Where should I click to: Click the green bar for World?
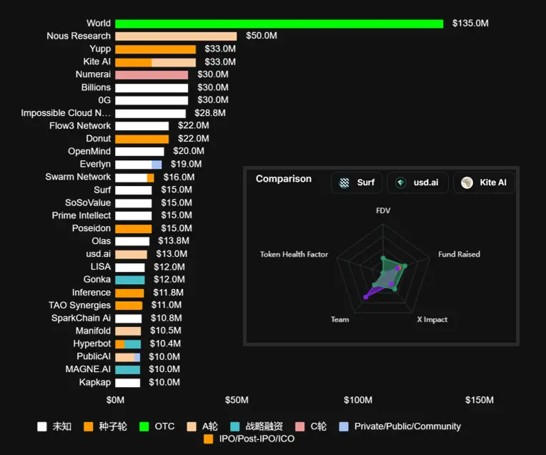click(279, 24)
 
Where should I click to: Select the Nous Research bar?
click(176, 36)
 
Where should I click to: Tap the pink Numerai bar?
click(152, 74)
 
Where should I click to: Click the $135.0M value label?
click(470, 24)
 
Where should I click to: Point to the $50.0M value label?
click(262, 36)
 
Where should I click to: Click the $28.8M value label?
click(210, 113)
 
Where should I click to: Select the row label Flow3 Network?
click(80, 126)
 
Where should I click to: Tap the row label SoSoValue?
click(88, 202)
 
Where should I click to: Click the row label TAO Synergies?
click(80, 305)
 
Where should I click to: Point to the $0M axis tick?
click(115, 400)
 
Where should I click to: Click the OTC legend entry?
click(164, 426)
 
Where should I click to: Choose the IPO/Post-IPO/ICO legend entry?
click(254, 439)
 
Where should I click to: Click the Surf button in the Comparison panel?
click(357, 182)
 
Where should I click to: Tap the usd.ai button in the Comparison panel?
click(418, 182)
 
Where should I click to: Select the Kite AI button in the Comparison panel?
click(484, 182)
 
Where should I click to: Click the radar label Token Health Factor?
click(294, 254)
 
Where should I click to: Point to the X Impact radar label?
click(432, 319)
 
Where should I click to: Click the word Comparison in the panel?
click(284, 179)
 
